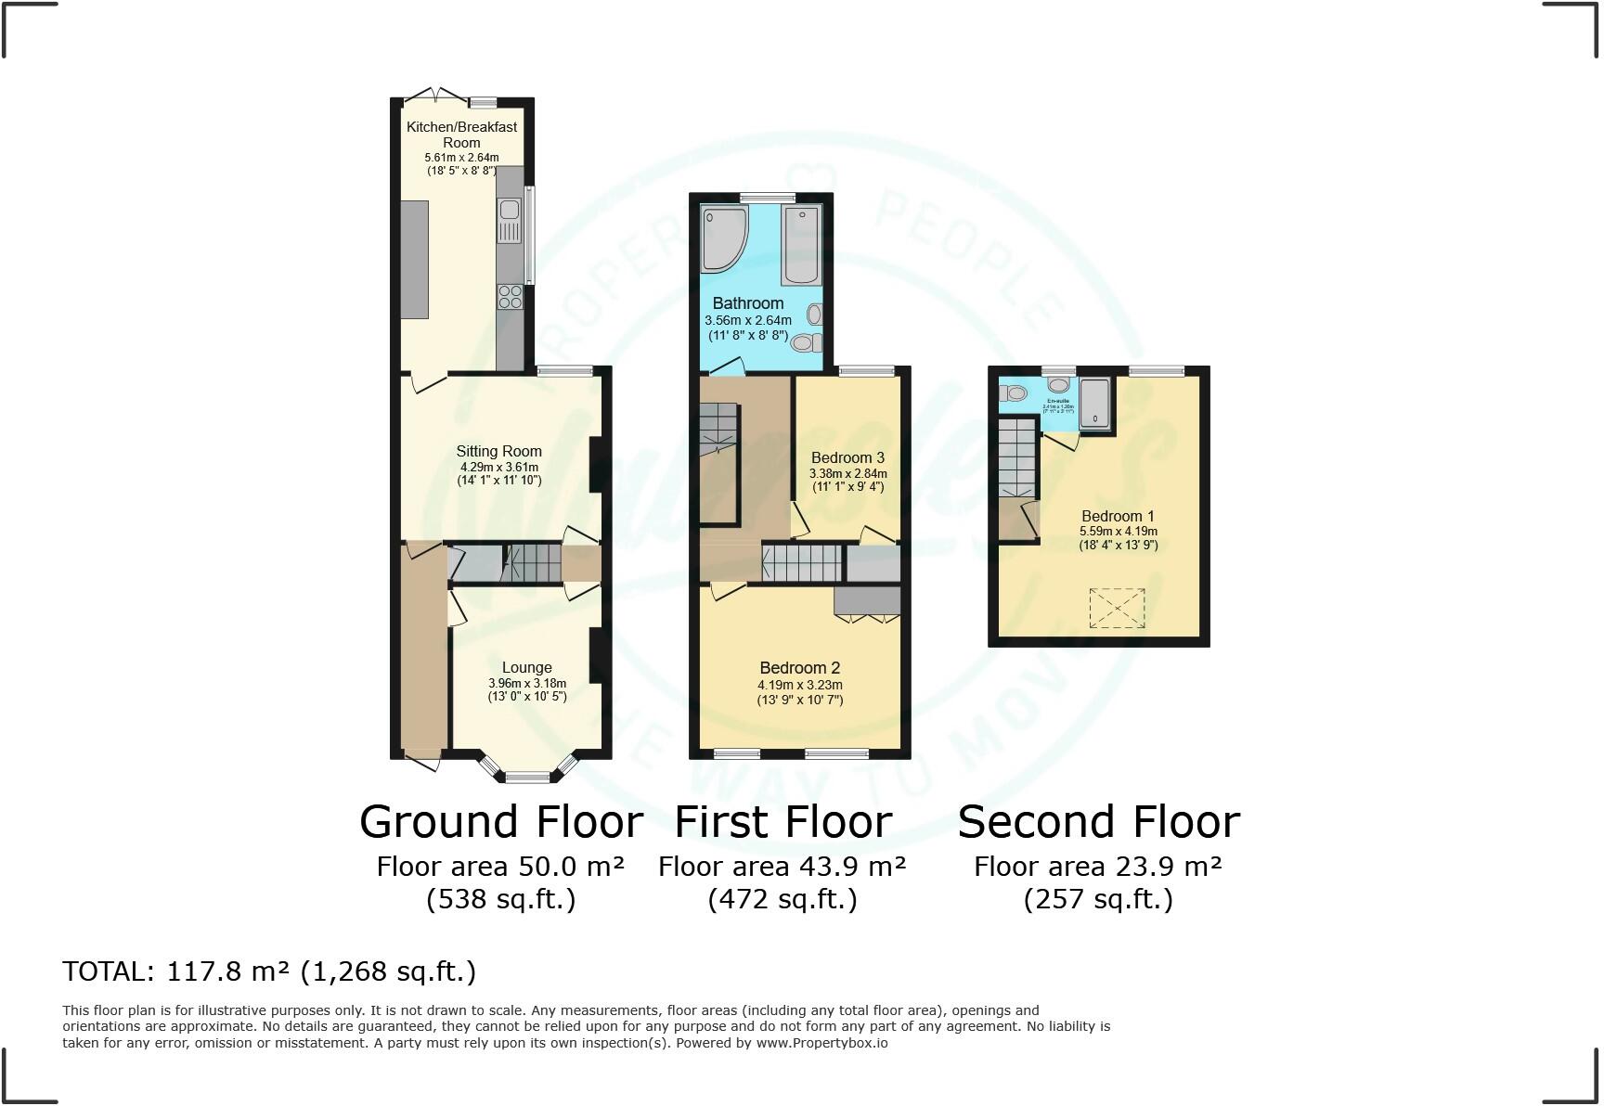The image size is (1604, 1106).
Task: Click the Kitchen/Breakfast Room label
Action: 461,135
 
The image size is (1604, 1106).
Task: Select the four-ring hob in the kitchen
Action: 510,296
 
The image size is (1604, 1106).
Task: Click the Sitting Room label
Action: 498,452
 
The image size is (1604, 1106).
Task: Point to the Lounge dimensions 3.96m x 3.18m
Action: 526,684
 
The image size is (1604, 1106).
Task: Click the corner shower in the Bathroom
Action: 724,238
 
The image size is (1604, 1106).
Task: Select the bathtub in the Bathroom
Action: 800,246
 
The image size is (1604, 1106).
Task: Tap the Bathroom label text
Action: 747,303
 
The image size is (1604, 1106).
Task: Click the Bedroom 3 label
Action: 847,457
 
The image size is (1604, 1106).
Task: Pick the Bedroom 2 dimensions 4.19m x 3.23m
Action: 799,686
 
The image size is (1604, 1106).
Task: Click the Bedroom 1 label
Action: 1118,517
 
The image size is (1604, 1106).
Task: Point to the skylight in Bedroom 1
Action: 1117,608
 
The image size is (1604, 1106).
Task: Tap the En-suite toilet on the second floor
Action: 1015,393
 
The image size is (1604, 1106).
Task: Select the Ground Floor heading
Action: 501,822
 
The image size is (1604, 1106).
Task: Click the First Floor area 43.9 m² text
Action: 782,867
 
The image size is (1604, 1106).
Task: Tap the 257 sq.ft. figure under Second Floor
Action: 1098,899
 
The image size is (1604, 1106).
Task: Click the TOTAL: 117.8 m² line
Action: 269,971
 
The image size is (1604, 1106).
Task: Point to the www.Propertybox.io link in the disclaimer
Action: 821,1043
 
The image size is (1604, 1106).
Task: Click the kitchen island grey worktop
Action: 414,259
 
